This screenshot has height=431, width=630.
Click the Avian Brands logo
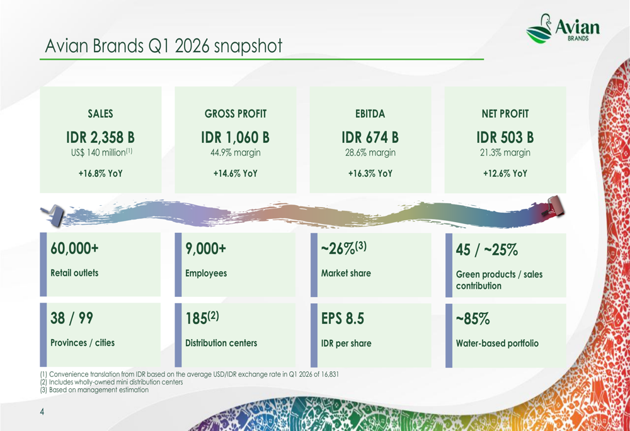pos(563,28)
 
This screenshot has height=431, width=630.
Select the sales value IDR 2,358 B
pos(101,137)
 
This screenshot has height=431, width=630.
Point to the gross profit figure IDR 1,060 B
pos(235,137)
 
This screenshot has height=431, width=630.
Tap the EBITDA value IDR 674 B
pos(370,137)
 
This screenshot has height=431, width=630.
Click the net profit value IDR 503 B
pos(505,137)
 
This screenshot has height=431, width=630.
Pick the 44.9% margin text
pos(235,153)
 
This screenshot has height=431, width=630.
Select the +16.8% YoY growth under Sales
pos(101,174)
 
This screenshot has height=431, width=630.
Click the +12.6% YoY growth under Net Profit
pos(505,174)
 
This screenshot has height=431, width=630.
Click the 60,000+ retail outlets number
pos(74,249)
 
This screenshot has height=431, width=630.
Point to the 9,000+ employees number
pos(205,249)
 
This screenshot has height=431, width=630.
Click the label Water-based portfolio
pos(497,344)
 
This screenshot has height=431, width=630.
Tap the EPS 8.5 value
pos(343,319)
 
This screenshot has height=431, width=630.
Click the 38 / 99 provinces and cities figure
pos(72,319)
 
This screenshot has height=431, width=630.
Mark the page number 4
pos(42,412)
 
